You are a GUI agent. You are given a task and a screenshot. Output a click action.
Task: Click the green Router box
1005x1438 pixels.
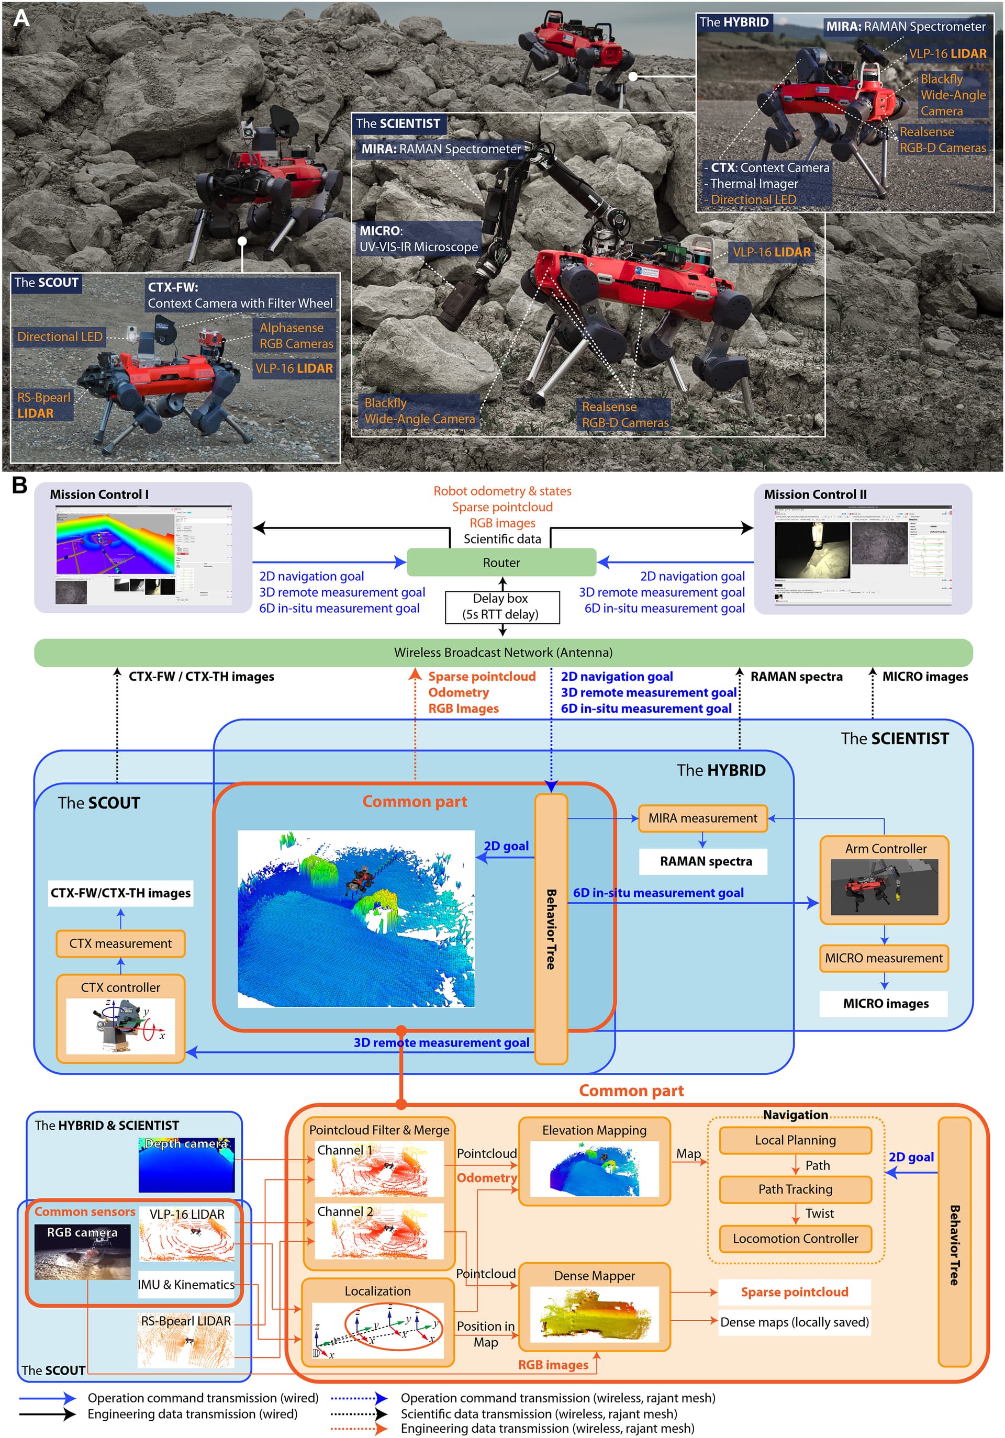click(x=501, y=563)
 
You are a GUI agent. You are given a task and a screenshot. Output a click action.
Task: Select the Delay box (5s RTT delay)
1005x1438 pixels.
click(x=501, y=607)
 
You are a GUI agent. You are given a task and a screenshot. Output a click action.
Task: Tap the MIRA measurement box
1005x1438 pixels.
click(x=702, y=818)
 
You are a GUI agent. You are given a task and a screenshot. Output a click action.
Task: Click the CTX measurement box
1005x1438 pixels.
click(x=120, y=943)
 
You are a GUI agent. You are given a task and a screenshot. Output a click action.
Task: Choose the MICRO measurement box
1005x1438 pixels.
click(x=884, y=958)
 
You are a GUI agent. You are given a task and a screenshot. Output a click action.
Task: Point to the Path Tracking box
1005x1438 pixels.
click(x=795, y=1189)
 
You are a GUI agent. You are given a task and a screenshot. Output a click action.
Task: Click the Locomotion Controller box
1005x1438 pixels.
click(x=795, y=1238)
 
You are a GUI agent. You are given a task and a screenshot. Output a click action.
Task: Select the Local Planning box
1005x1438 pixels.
click(x=795, y=1140)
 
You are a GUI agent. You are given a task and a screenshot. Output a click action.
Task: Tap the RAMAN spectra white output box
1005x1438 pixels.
click(x=706, y=861)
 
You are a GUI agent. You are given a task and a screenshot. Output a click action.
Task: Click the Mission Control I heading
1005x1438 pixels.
click(x=99, y=494)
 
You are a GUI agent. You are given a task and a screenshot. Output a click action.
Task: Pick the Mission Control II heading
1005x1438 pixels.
click(x=815, y=494)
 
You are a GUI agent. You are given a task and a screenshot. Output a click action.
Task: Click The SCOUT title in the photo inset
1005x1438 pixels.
click(x=47, y=283)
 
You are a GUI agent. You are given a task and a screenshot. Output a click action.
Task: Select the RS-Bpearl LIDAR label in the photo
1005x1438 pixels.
click(x=43, y=405)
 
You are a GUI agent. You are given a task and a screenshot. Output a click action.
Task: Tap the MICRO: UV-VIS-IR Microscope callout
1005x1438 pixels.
click(x=418, y=239)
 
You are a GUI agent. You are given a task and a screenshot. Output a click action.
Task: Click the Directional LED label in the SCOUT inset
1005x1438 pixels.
click(x=60, y=336)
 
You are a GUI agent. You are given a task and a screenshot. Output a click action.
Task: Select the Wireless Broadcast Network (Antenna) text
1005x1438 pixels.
click(x=503, y=653)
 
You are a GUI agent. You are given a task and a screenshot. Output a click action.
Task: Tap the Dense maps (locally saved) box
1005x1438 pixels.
click(x=794, y=1322)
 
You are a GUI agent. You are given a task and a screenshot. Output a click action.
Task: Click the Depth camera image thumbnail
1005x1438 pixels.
click(x=187, y=1164)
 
